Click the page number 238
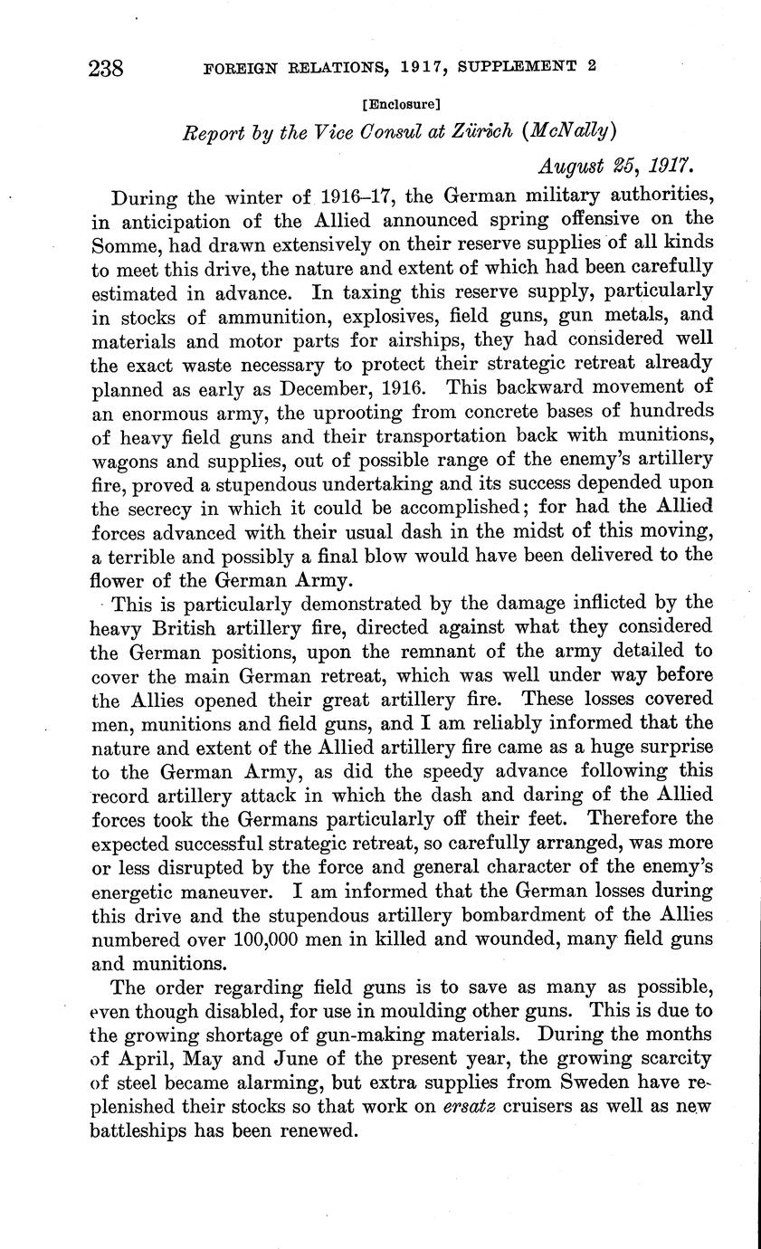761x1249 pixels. coord(106,69)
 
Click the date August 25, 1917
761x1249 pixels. coord(616,167)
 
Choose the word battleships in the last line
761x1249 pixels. coord(150,1130)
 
